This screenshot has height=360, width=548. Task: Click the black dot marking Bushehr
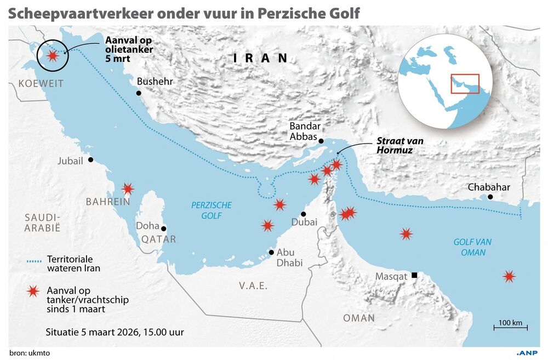tap(139, 94)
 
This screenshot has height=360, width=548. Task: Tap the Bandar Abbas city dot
tap(322, 140)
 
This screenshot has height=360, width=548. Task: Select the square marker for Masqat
tap(415, 275)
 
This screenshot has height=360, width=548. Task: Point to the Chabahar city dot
tap(490, 197)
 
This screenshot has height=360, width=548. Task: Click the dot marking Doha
tap(163, 228)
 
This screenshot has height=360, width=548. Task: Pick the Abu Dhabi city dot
tap(271, 253)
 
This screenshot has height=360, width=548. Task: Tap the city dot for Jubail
tap(90, 159)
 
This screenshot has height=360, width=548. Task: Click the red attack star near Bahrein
tap(128, 189)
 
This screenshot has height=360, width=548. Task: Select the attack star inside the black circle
tap(53, 55)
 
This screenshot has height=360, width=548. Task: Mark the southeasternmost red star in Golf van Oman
tap(509, 277)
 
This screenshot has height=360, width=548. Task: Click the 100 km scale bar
tap(510, 328)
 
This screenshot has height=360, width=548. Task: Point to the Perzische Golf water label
tap(211, 210)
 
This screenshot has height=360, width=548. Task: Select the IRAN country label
tap(260, 58)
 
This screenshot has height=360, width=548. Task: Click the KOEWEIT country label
tap(41, 83)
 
